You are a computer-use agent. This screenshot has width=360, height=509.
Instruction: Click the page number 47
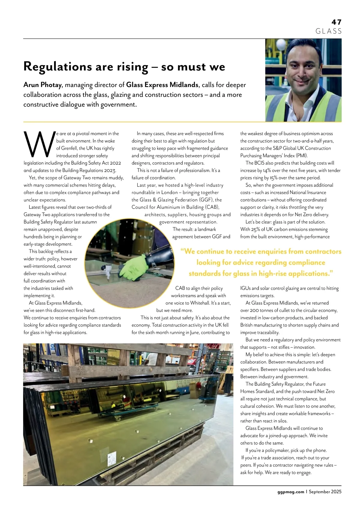coord(336,22)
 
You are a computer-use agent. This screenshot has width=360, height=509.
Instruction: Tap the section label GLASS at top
coord(328,31)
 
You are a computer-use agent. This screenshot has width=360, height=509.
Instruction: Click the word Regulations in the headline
coord(57,66)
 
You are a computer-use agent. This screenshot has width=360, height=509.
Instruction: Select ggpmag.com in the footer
coord(290,492)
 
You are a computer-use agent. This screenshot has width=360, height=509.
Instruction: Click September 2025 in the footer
coord(325,492)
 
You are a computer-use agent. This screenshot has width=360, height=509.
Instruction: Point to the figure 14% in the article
coord(267,170)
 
